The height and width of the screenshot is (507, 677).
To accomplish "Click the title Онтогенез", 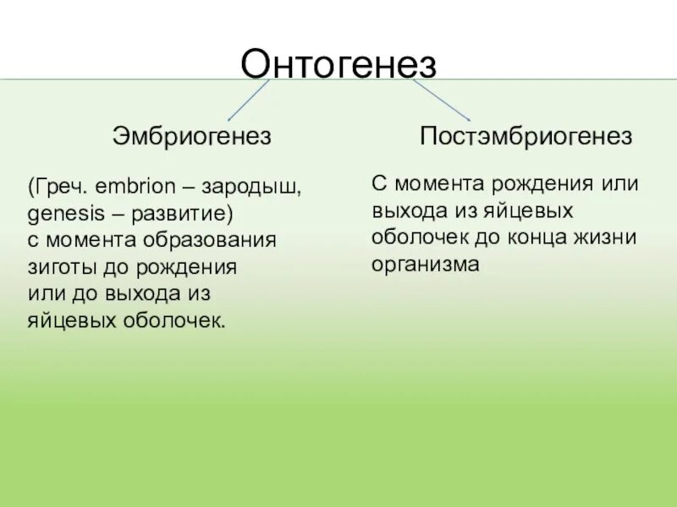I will click(338, 63).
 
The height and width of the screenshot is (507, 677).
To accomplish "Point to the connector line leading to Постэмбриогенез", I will click(441, 101).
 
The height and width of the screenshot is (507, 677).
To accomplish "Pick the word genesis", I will click(58, 211).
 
